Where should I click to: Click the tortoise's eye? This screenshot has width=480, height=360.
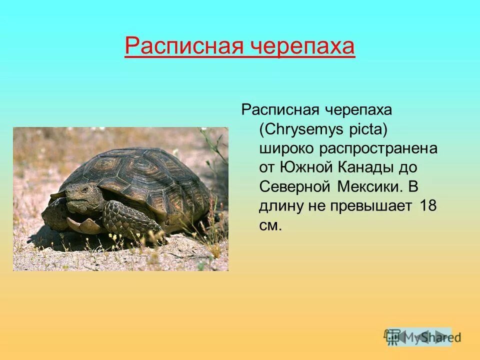pyautogui.click(x=84, y=190)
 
